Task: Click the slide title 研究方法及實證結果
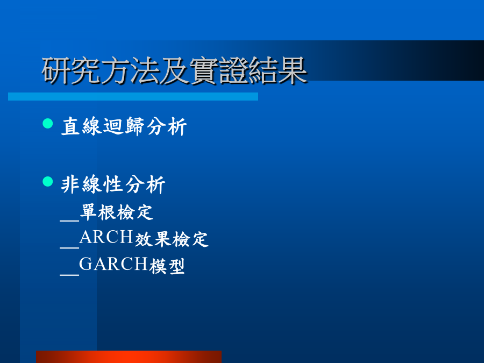coord(174,70)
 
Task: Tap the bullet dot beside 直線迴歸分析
coord(47,124)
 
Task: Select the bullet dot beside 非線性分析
coord(47,182)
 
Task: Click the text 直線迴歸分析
coord(124,126)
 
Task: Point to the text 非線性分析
coord(113,184)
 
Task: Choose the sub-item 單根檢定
coord(117,212)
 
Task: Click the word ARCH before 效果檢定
coord(106,237)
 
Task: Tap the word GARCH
coord(113,264)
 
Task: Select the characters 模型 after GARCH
coord(167,266)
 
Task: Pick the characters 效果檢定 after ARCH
coord(172,239)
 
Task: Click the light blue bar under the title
coord(133,96)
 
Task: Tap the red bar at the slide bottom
coord(129,357)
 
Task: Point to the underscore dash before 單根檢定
coord(70,220)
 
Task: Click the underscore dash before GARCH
coord(70,274)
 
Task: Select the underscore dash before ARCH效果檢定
coord(70,247)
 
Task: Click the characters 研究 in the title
coord(71,70)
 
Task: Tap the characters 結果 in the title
coord(278,70)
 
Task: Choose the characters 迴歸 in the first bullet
coord(124,126)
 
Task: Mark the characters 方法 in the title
coord(130,70)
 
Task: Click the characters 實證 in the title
coord(219,70)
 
